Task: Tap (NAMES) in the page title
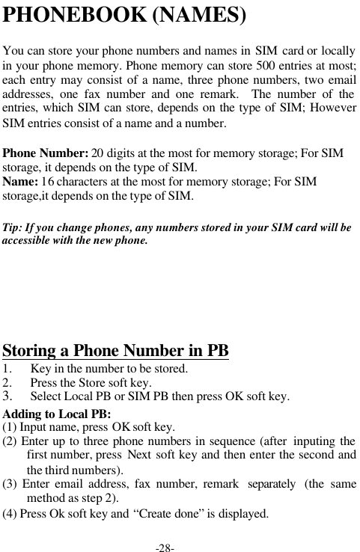(x=199, y=15)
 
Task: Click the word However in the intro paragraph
(x=335, y=111)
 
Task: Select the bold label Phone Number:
(x=46, y=153)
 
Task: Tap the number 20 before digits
(x=97, y=153)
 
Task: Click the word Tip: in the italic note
(x=14, y=227)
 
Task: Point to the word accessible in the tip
(x=27, y=242)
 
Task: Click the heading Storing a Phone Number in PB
(x=116, y=350)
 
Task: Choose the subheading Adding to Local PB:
(x=57, y=414)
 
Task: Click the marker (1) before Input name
(x=10, y=428)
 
